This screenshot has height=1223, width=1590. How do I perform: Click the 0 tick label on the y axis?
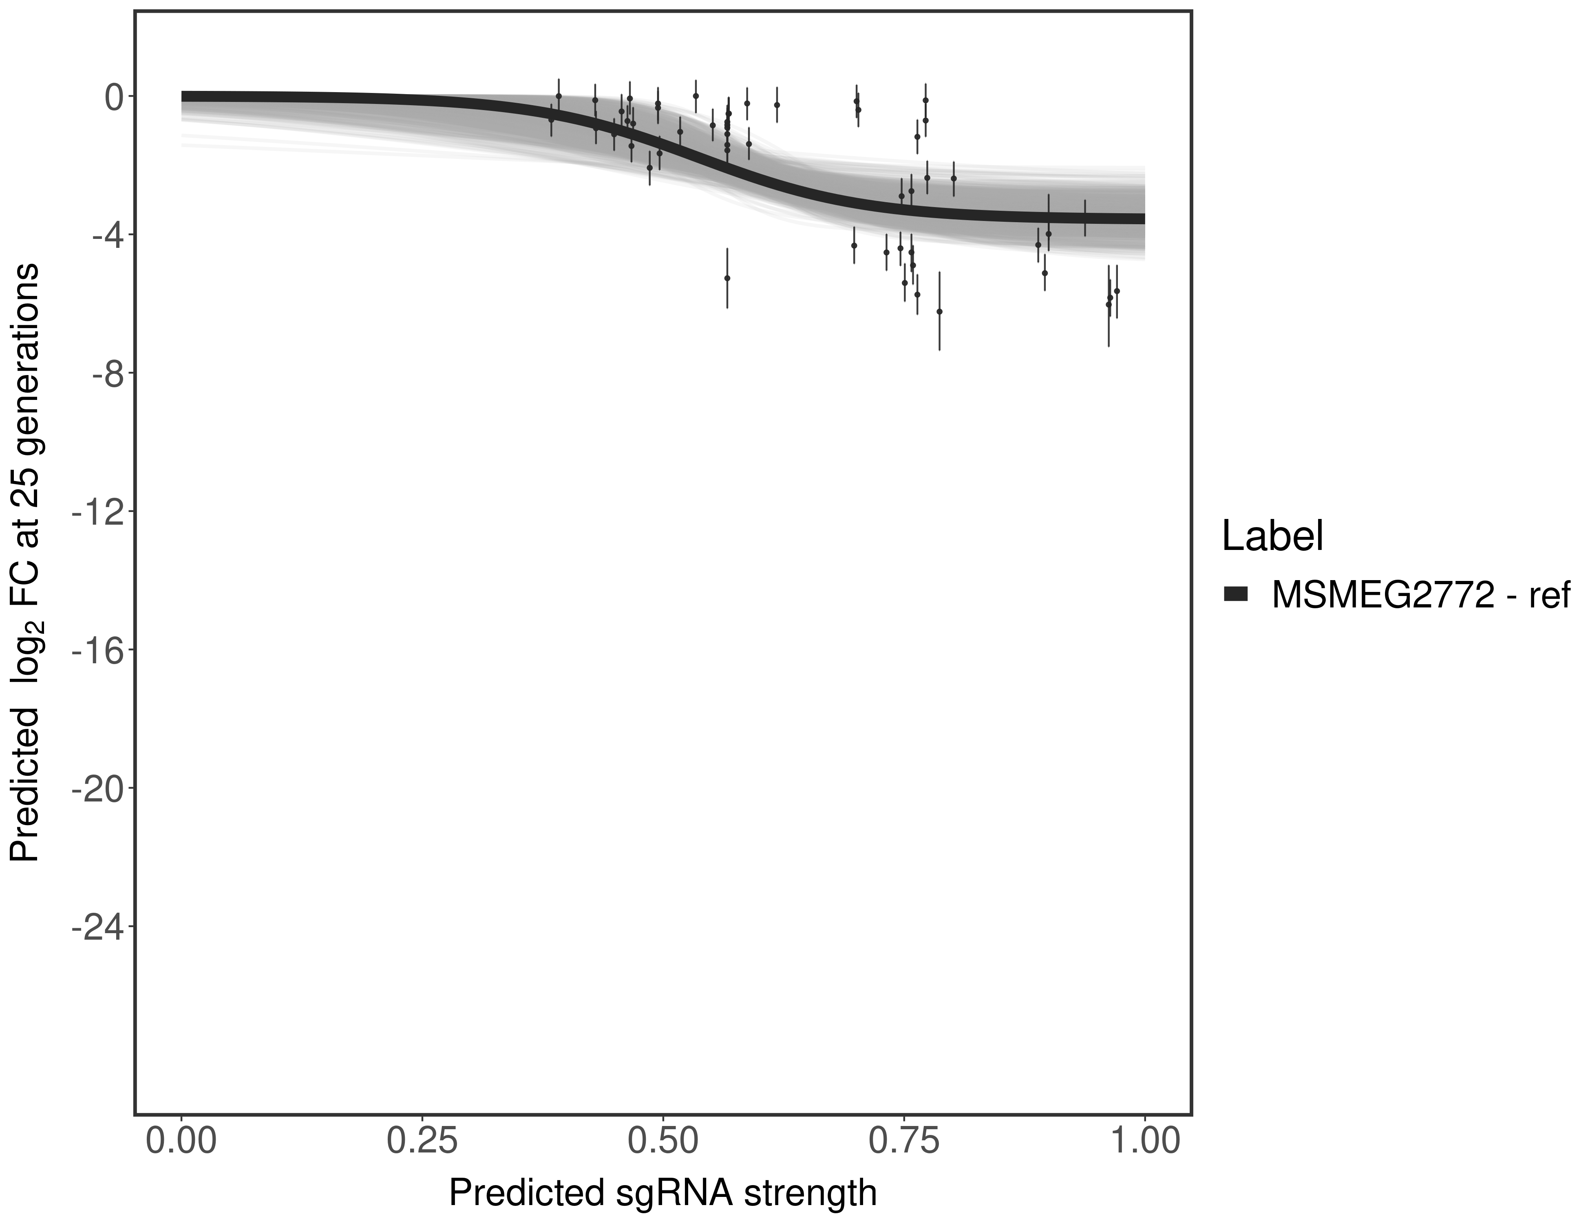(114, 97)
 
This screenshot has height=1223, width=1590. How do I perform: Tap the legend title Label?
(1272, 536)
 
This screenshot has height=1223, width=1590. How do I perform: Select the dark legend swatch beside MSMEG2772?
(1235, 595)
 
